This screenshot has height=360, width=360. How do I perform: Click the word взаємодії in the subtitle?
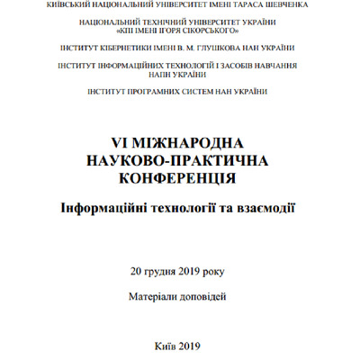265,208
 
